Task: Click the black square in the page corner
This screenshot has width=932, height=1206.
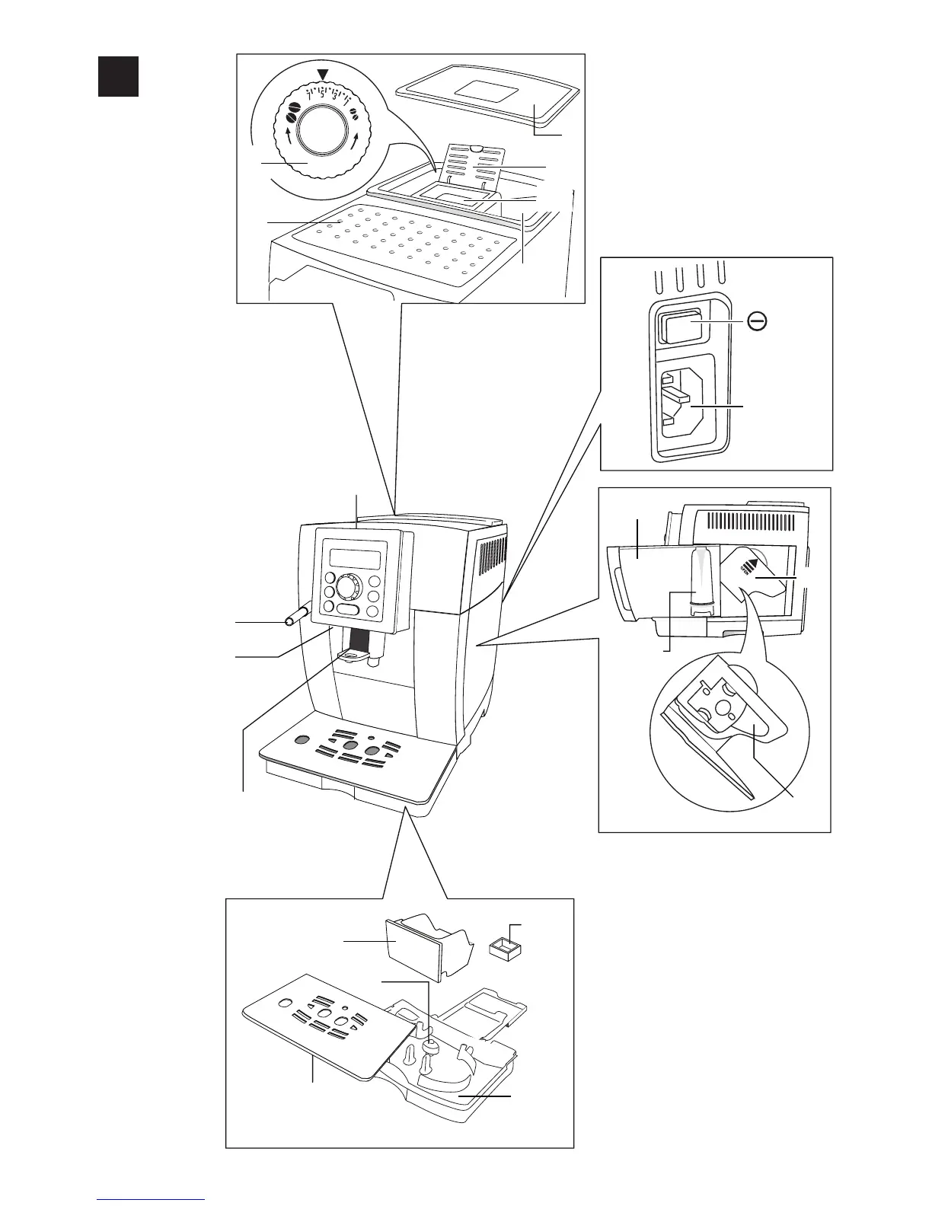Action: tap(118, 76)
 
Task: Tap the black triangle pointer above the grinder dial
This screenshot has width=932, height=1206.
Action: tap(325, 74)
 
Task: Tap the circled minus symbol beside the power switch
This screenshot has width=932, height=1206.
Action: tap(757, 322)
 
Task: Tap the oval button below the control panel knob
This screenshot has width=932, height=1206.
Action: tap(349, 611)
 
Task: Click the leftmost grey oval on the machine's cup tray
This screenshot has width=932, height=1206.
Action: tap(302, 739)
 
